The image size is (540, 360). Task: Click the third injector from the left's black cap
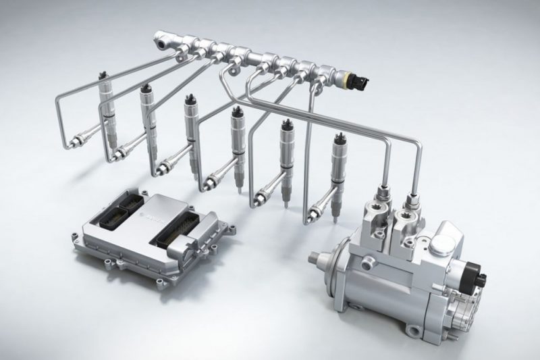point(189,99)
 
